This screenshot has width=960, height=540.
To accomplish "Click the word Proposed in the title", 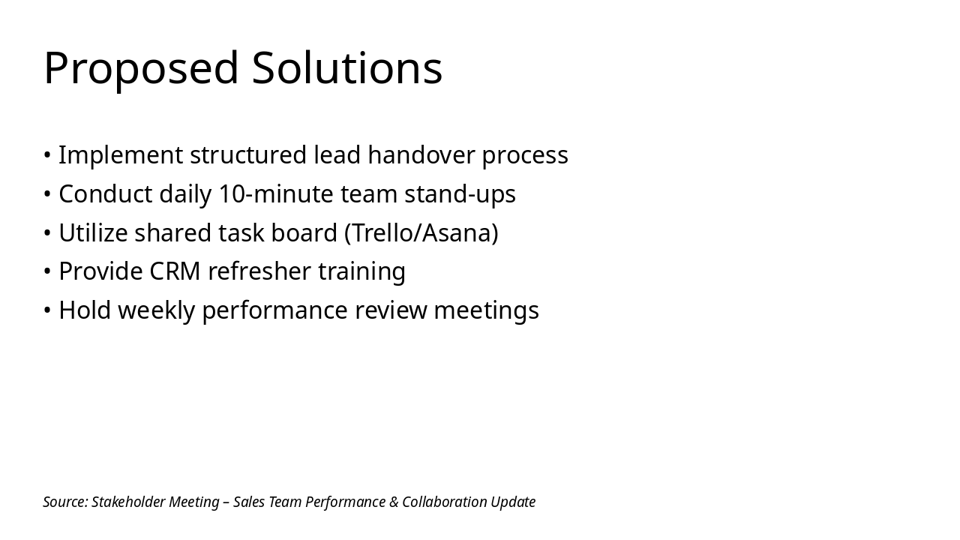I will [140, 69].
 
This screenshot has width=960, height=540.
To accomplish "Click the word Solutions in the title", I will [346, 69].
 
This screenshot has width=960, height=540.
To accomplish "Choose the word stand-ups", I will [460, 194].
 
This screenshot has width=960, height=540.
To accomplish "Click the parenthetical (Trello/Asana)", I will [421, 233].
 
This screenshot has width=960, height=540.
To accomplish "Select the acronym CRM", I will [175, 271].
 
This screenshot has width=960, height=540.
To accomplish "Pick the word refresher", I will [259, 271].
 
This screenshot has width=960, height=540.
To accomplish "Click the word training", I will [361, 271].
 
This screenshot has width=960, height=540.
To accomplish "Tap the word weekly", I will [156, 310].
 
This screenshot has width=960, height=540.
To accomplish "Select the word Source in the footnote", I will [65, 502].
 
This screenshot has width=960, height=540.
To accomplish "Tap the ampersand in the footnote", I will [394, 502].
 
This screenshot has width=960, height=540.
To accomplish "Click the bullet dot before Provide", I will [47, 271].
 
